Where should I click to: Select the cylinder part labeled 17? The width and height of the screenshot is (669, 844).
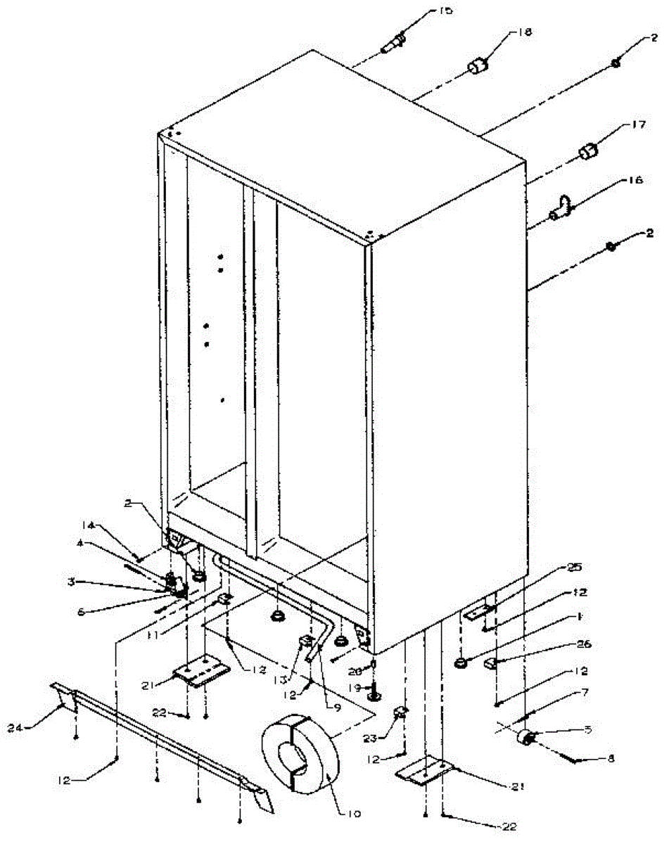point(588,151)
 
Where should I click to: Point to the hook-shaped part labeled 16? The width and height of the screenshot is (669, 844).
point(561,209)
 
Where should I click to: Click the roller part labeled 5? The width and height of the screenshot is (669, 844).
point(525,737)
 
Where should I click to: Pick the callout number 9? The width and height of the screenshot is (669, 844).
point(338,689)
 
